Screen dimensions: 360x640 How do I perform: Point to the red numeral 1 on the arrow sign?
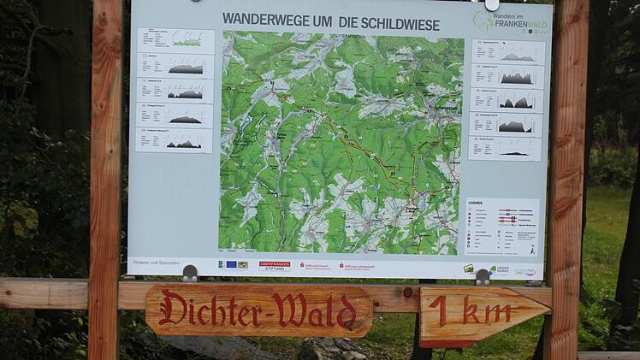(439, 311)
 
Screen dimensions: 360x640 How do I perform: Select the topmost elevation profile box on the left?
(175, 40)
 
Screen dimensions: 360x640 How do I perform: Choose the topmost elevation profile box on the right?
(507, 52)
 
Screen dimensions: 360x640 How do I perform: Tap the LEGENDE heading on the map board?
(475, 204)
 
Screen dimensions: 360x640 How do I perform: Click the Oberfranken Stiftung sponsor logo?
(275, 266)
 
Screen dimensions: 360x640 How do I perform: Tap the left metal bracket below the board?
(190, 273)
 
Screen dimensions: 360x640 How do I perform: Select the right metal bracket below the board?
(483, 277)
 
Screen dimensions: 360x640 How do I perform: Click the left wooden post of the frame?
(104, 171)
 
